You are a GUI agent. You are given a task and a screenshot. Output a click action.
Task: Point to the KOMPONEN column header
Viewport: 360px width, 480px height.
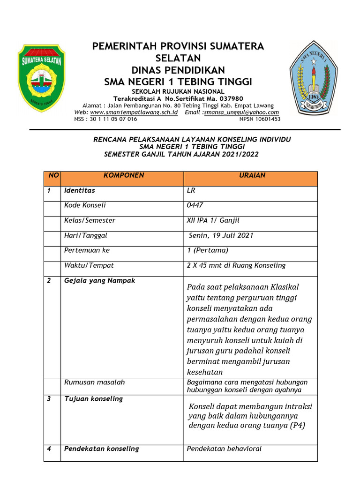tap(123, 175)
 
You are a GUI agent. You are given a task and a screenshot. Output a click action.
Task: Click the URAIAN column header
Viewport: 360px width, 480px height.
tap(252, 175)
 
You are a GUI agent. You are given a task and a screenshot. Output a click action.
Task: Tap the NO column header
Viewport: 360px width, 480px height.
tap(53, 175)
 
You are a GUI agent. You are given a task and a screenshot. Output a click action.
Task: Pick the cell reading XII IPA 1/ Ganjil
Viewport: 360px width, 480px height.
tap(213, 220)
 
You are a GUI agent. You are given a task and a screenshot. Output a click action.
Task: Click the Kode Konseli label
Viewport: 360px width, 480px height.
tap(85, 205)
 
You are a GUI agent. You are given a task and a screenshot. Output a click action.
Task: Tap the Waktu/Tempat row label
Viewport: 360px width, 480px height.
tap(89, 265)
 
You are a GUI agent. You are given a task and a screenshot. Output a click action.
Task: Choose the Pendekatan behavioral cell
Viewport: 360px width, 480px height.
tap(224, 449)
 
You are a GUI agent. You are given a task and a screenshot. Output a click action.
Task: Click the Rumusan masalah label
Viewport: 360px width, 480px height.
tap(94, 382)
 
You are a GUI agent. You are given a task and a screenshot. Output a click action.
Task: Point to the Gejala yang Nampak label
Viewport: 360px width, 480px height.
tap(99, 280)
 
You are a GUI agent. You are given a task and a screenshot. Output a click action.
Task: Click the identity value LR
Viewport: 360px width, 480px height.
tap(191, 190)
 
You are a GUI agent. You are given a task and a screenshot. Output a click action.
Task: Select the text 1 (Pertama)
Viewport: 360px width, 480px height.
tap(207, 250)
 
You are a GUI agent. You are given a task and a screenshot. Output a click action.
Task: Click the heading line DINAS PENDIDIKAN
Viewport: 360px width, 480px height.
tap(178, 70)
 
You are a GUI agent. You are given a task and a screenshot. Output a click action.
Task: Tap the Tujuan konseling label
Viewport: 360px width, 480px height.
tap(93, 398)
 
